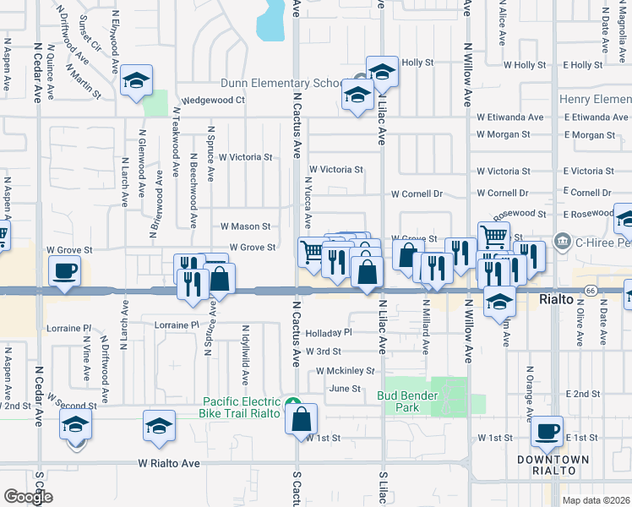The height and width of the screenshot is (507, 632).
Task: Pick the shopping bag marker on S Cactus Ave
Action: click(302, 419)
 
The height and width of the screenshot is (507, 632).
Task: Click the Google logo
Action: click(28, 497)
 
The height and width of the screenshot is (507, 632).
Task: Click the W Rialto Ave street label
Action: click(169, 463)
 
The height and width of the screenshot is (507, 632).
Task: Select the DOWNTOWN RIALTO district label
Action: click(553, 465)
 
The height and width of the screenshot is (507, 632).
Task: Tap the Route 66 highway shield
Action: click(590, 291)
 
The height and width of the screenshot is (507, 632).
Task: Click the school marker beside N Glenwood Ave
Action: click(136, 80)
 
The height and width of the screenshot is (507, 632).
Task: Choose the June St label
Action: click(345, 389)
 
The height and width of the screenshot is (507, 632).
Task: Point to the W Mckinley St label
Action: click(345, 370)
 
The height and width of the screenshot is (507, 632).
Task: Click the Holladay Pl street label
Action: click(328, 332)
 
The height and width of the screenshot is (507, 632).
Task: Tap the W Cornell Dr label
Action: click(417, 194)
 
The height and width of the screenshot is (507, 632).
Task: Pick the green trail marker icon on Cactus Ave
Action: click(292, 403)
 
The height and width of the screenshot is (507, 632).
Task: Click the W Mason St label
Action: click(245, 226)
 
